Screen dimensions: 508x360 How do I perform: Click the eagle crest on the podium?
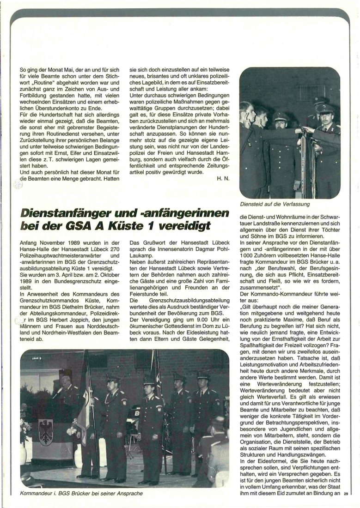(45, 432)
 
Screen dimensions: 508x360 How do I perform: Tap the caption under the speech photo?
(81, 493)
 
